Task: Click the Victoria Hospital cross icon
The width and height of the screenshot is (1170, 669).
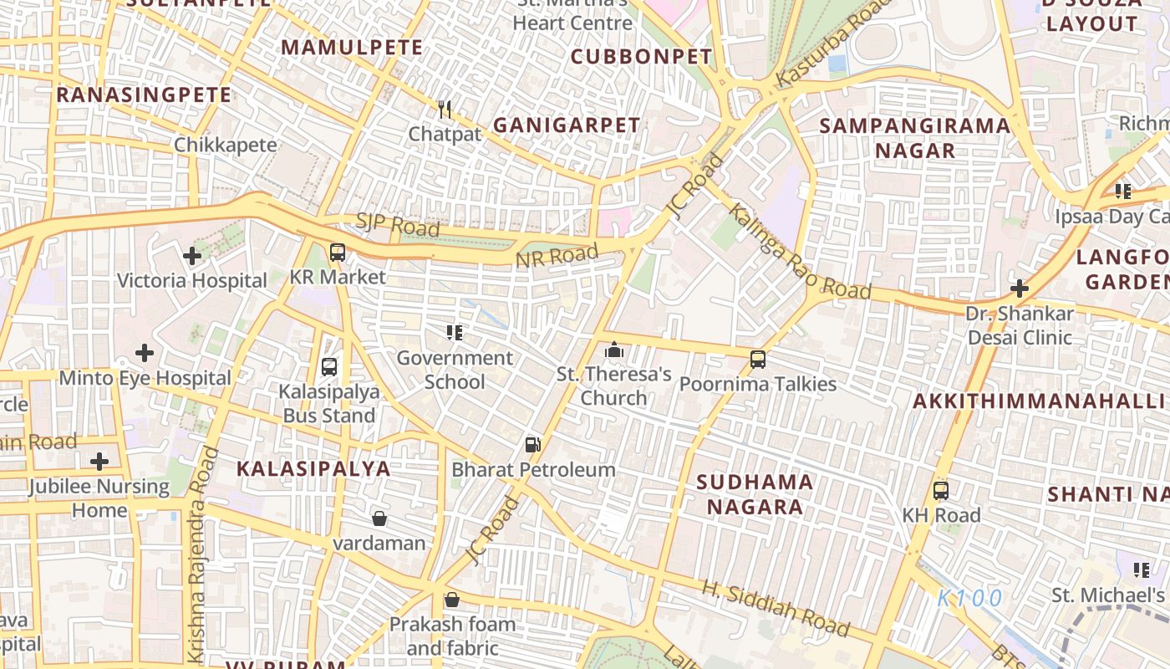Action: click(192, 256)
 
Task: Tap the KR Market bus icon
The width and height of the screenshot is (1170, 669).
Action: click(338, 252)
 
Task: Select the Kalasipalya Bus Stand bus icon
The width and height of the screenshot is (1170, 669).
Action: click(329, 366)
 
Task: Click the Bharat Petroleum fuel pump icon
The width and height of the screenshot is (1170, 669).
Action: click(532, 445)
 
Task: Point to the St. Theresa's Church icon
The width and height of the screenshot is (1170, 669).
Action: click(614, 350)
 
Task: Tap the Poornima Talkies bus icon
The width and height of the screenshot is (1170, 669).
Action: click(758, 360)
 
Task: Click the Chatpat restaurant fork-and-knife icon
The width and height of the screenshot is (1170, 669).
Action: click(445, 109)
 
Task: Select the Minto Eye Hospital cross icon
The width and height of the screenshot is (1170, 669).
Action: click(145, 353)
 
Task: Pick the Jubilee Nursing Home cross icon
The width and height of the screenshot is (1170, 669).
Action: click(99, 462)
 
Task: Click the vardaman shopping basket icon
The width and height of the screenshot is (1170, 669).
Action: click(379, 518)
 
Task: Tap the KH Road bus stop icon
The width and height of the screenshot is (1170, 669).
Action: click(941, 491)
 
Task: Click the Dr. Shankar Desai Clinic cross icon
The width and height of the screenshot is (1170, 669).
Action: click(1019, 289)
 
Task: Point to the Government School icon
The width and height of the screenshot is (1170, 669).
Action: click(455, 333)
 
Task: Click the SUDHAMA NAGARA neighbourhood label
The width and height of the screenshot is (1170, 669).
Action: click(755, 494)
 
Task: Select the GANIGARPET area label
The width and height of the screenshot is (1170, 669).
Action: click(567, 125)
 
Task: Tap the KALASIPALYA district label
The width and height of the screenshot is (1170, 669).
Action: click(313, 468)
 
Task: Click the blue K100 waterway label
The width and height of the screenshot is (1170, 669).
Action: click(969, 598)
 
